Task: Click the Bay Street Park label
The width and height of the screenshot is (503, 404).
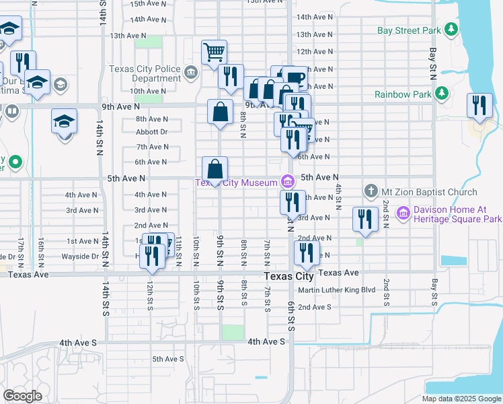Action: pos(408,30)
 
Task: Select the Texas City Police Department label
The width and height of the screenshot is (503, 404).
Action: pos(146,73)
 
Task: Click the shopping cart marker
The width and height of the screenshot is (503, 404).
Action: pos(214,52)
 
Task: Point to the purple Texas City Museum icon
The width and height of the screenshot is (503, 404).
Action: pos(287,181)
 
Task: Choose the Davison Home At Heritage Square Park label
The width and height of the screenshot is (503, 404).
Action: pos(457,214)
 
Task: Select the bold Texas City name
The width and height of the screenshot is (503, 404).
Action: pos(289,276)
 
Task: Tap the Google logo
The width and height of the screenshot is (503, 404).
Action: pos(22,396)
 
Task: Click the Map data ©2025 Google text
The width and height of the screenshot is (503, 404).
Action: pos(461,399)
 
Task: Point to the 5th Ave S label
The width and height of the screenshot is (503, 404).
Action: pos(168,359)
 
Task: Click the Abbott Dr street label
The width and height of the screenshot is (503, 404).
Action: pos(151,132)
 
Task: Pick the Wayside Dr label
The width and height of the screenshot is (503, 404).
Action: pos(81,257)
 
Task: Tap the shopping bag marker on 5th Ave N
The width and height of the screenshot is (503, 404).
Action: pos(215,170)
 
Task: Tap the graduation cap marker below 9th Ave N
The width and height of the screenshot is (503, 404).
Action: pos(65,123)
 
